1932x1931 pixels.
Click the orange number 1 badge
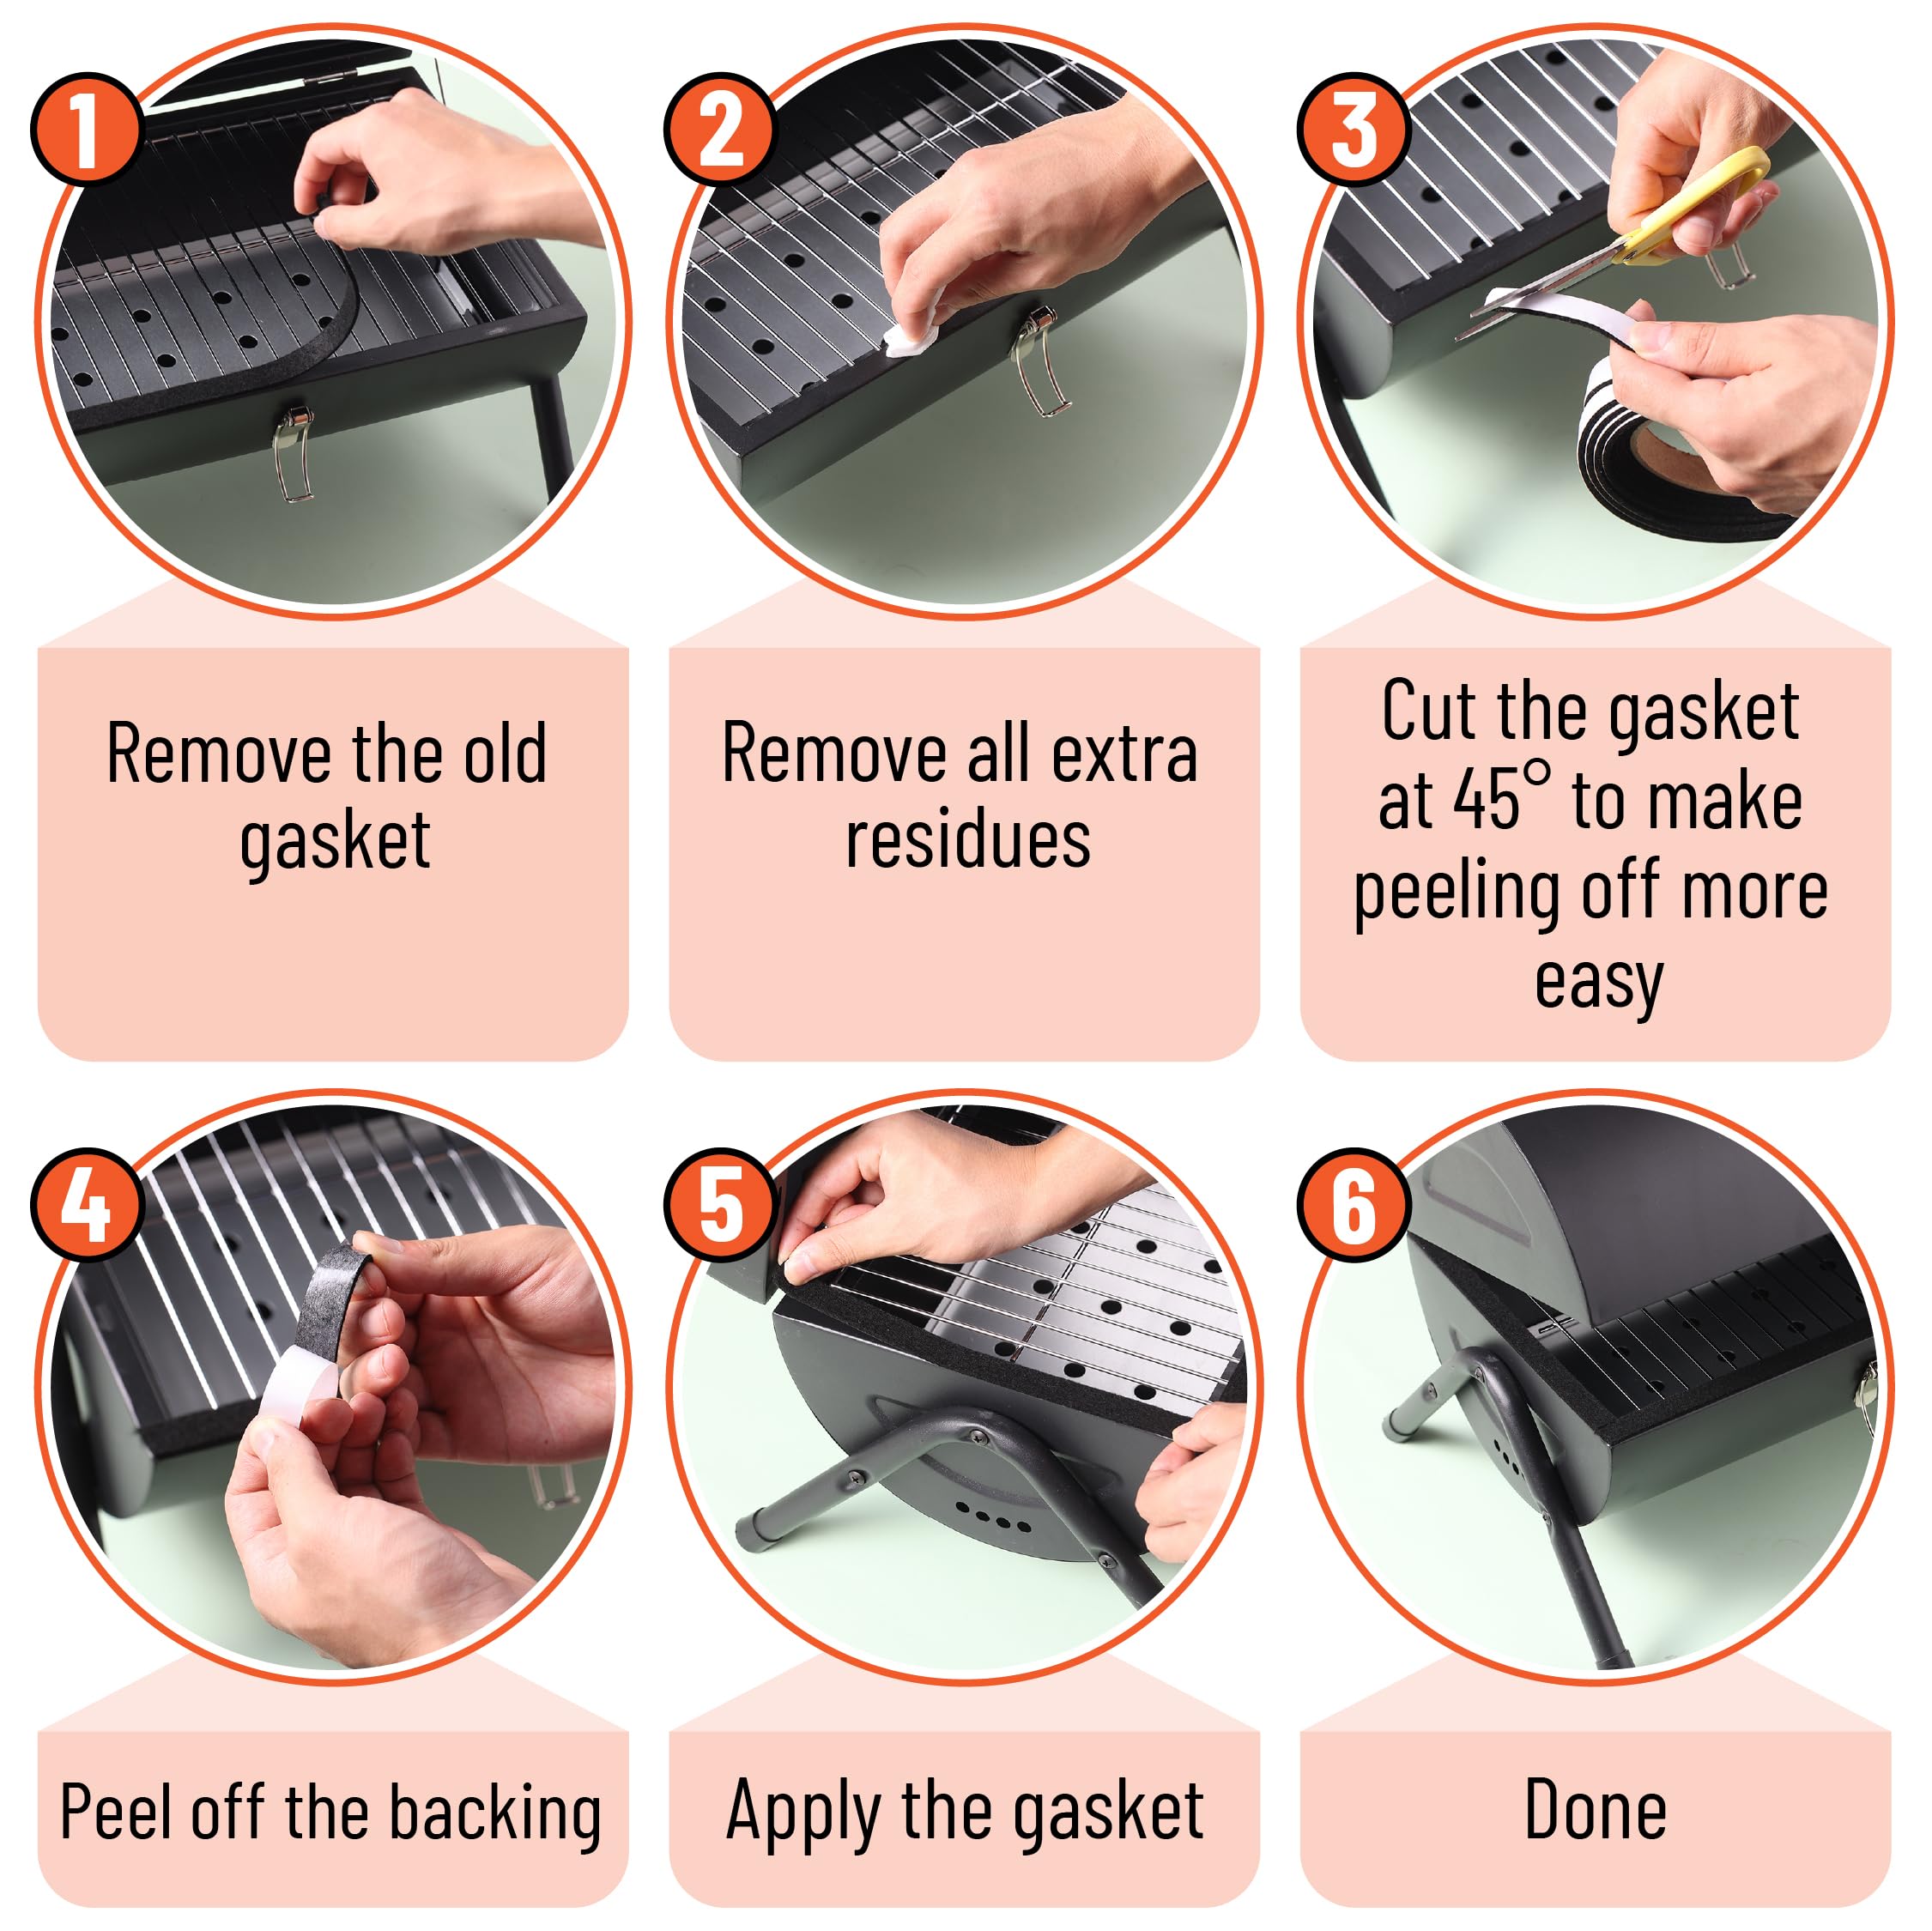pos(86,128)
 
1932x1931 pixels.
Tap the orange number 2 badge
pos(720,128)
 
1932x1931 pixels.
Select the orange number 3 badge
pos(1353,128)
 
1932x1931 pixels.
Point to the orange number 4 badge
pos(86,1203)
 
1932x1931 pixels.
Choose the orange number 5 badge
pos(720,1203)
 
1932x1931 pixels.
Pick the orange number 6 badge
pos(1353,1203)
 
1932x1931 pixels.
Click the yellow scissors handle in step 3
pos(1700,200)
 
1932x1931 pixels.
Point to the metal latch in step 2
pos(1040,360)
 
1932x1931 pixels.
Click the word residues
pos(968,839)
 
